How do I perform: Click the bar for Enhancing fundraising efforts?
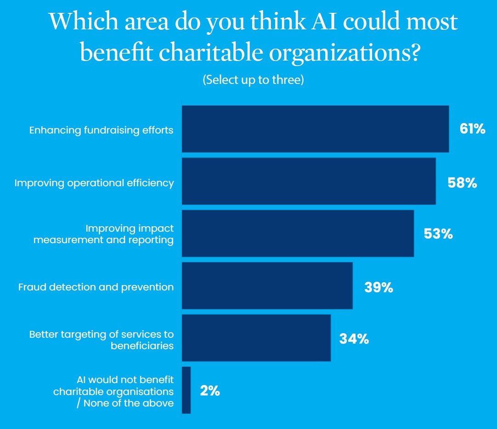pyautogui.click(x=315, y=129)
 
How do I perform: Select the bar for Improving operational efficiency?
pyautogui.click(x=309, y=181)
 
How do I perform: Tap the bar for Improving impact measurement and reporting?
pyautogui.click(x=298, y=234)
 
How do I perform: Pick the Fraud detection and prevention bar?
pyautogui.click(x=267, y=286)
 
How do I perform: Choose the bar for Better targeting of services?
pyautogui.click(x=256, y=338)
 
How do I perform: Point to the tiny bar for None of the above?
pyautogui.click(x=186, y=390)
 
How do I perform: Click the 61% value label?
pyautogui.click(x=472, y=129)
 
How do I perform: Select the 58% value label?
pyautogui.click(x=462, y=183)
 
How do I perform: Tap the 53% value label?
pyautogui.click(x=438, y=234)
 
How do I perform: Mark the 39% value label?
pyautogui.click(x=378, y=288)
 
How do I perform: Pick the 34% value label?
pyautogui.click(x=354, y=339)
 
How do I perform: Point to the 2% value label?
pyautogui.click(x=210, y=391)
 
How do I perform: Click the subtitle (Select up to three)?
pyautogui.click(x=253, y=79)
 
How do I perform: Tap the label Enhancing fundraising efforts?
pyautogui.click(x=102, y=130)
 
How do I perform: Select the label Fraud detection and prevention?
pyautogui.click(x=96, y=287)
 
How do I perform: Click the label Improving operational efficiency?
pyautogui.click(x=94, y=183)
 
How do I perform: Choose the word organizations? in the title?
pyautogui.click(x=345, y=53)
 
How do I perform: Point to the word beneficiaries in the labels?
pyautogui.click(x=142, y=345)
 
